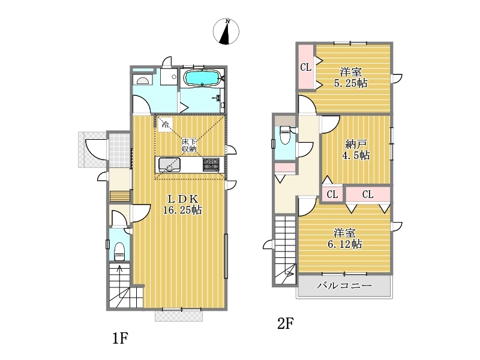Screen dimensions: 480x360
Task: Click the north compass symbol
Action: [226, 31]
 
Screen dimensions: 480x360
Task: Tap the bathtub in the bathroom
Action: [202, 78]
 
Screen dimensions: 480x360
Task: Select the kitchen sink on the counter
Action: [169, 165]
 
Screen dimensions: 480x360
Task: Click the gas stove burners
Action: [211, 164]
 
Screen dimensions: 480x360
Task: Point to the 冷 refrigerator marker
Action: [166, 125]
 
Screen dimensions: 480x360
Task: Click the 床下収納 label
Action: [189, 145]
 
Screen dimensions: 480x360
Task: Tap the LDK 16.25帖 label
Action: [182, 204]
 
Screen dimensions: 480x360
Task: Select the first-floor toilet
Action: [119, 251]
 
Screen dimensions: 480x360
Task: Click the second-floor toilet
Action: [285, 134]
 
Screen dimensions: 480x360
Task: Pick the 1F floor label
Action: [120, 338]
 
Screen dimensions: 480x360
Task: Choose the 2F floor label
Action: [286, 323]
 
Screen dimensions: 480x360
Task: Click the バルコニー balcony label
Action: [344, 286]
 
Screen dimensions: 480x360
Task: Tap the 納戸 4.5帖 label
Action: [356, 149]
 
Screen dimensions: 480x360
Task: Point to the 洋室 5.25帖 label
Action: [350, 78]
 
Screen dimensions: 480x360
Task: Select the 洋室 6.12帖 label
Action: [344, 238]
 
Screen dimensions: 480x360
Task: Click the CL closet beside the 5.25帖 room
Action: [306, 67]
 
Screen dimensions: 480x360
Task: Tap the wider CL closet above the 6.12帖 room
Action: [368, 194]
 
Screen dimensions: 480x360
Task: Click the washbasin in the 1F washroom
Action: [143, 80]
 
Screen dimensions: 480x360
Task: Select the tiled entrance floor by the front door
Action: [119, 151]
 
